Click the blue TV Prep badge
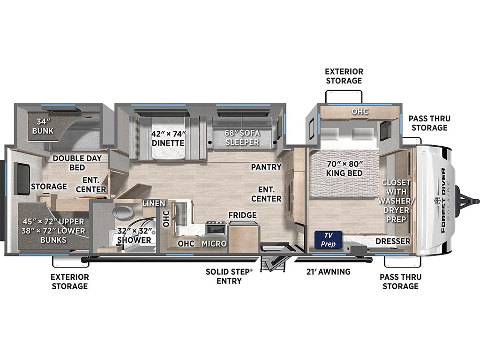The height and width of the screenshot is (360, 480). pyautogui.click(x=328, y=240)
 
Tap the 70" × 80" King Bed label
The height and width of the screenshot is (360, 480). pyautogui.click(x=345, y=168)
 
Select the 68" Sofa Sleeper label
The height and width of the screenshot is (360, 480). pyautogui.click(x=242, y=137)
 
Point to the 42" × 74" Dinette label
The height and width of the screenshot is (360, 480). pyautogui.click(x=168, y=138)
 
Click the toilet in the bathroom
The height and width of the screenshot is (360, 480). pyautogui.click(x=122, y=212)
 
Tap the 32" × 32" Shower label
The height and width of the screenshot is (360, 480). pyautogui.click(x=135, y=235)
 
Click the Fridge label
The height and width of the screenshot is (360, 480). pyautogui.click(x=242, y=215)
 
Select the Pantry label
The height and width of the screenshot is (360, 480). pyautogui.click(x=266, y=167)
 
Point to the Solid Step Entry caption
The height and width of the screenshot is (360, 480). pyautogui.click(x=229, y=276)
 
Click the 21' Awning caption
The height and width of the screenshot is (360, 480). pyautogui.click(x=329, y=271)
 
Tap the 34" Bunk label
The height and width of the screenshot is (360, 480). pyautogui.click(x=43, y=126)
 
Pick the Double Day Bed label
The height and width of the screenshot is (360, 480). pyautogui.click(x=77, y=163)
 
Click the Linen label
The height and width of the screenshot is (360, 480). pyautogui.click(x=154, y=203)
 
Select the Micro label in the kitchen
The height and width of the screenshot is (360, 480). pyautogui.click(x=214, y=243)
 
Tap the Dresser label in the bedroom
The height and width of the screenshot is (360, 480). pyautogui.click(x=393, y=241)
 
